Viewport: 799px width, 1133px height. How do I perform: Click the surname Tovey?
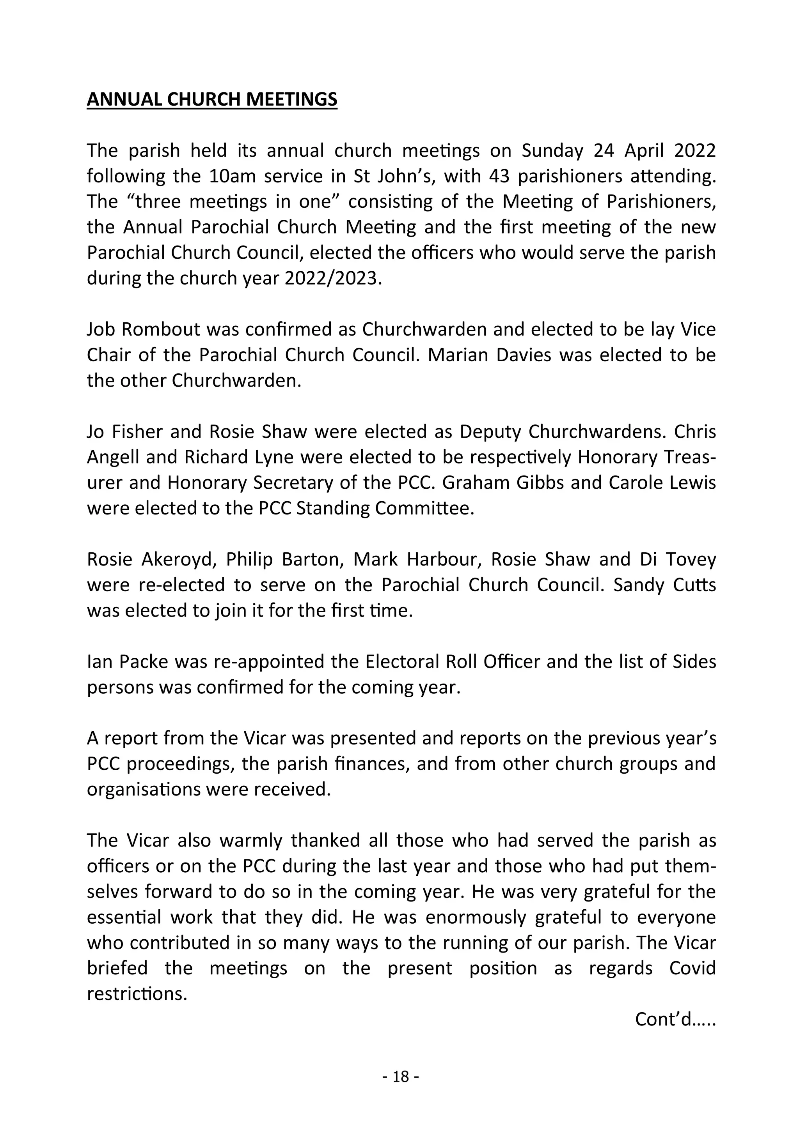click(x=691, y=559)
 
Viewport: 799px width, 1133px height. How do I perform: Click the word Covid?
click(x=692, y=968)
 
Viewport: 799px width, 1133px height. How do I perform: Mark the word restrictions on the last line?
click(x=137, y=993)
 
